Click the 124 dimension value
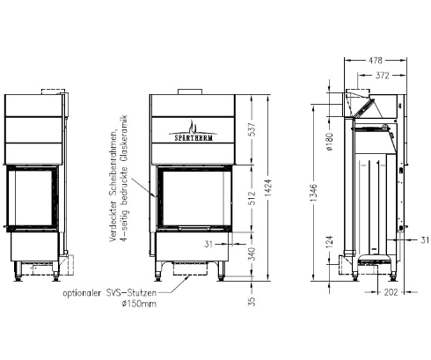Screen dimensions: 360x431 [x=327, y=242]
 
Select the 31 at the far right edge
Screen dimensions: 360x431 [x=423, y=239]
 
